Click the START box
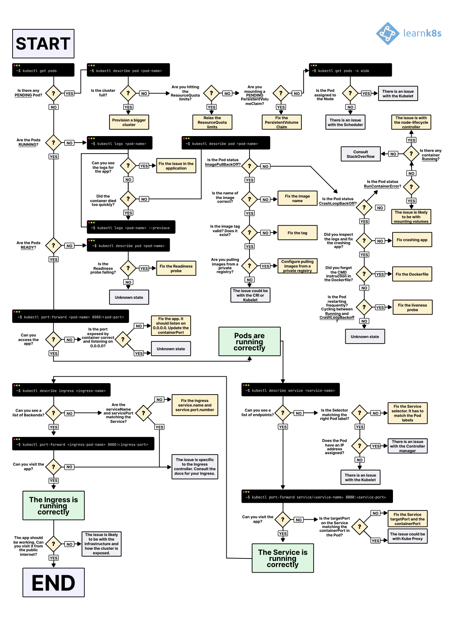click(43, 43)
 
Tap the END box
click(53, 583)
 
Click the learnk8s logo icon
click(388, 34)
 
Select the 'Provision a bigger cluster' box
click(129, 122)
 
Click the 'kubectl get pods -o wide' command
click(350, 70)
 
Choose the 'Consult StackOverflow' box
click(361, 154)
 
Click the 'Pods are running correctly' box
click(250, 342)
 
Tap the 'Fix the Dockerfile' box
click(412, 274)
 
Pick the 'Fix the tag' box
click(297, 233)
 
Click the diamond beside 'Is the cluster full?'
click(128, 93)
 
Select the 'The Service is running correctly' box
click(283, 558)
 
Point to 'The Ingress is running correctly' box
click(53, 506)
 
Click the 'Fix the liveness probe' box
click(412, 307)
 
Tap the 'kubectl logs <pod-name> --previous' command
click(131, 227)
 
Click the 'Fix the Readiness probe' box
click(176, 268)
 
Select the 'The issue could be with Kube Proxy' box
click(407, 536)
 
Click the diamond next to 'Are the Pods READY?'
click(53, 246)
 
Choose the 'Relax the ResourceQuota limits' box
click(212, 122)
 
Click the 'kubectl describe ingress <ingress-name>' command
click(61, 390)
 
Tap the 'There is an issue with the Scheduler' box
click(345, 122)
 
